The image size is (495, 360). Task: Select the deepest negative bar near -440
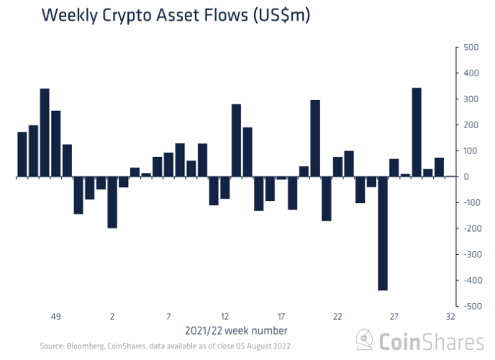click(383, 233)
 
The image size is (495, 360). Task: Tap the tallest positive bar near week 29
click(417, 132)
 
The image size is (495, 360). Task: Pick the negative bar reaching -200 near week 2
click(112, 202)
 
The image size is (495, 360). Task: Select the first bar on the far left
click(22, 154)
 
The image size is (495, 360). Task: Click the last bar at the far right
click(439, 167)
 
